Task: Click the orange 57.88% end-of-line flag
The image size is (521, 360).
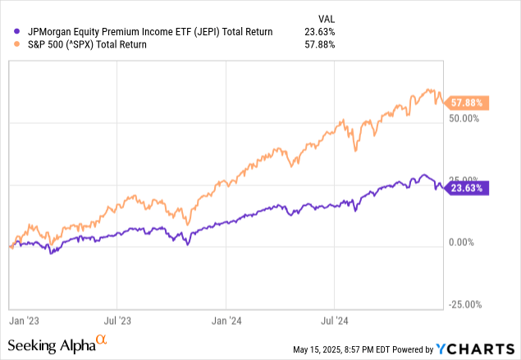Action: [471, 103]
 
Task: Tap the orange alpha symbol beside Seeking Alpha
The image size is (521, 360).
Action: [101, 339]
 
